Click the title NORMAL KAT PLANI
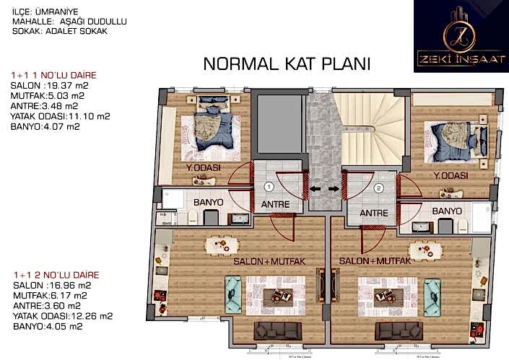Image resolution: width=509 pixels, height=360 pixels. (287, 63)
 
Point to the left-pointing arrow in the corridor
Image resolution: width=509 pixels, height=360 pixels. (315, 190)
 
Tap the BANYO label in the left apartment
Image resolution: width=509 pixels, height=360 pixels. (208, 203)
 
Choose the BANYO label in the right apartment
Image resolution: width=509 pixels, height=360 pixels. (446, 211)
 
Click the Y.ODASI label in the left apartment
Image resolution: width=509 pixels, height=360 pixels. (203, 169)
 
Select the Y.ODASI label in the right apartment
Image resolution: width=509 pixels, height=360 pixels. (452, 176)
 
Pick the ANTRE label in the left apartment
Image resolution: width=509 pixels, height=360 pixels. (274, 205)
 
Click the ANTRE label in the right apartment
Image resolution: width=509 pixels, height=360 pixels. (374, 214)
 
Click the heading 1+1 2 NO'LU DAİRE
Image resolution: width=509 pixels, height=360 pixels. (55, 276)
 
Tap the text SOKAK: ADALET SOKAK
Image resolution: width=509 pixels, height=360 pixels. (60, 32)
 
